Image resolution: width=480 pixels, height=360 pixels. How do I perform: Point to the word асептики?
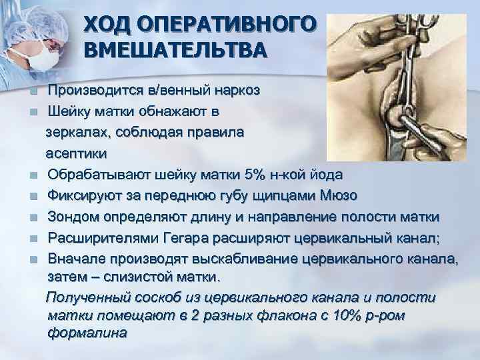pos(76,152)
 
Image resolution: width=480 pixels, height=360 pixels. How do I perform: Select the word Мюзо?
pos(339,195)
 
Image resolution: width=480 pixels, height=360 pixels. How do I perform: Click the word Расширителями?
pos(103,238)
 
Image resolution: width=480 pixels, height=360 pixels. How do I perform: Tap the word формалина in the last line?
pos(87,331)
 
